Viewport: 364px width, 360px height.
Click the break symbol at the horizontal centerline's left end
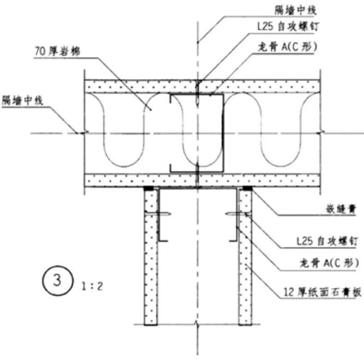click(x=82, y=133)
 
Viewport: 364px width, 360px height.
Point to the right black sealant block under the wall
click(x=246, y=189)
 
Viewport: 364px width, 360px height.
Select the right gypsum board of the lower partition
click(x=244, y=256)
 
